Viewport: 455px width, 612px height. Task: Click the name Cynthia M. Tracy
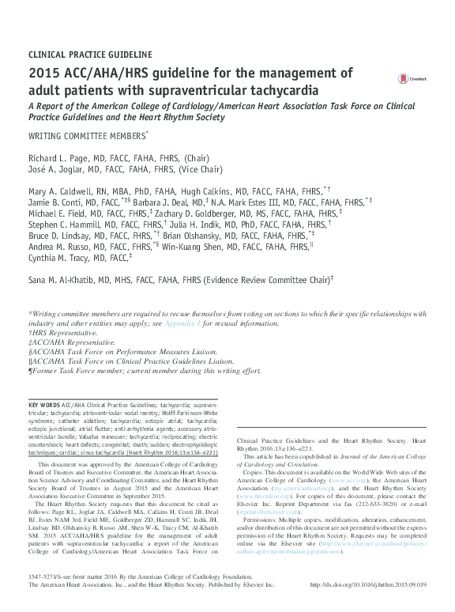coord(56,259)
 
